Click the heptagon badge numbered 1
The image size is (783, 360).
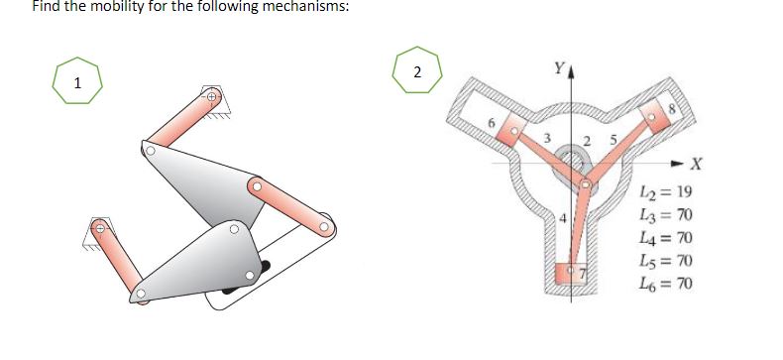[x=76, y=82]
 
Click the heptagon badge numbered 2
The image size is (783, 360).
[x=416, y=70]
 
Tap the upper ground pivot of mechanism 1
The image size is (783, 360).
[x=211, y=97]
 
